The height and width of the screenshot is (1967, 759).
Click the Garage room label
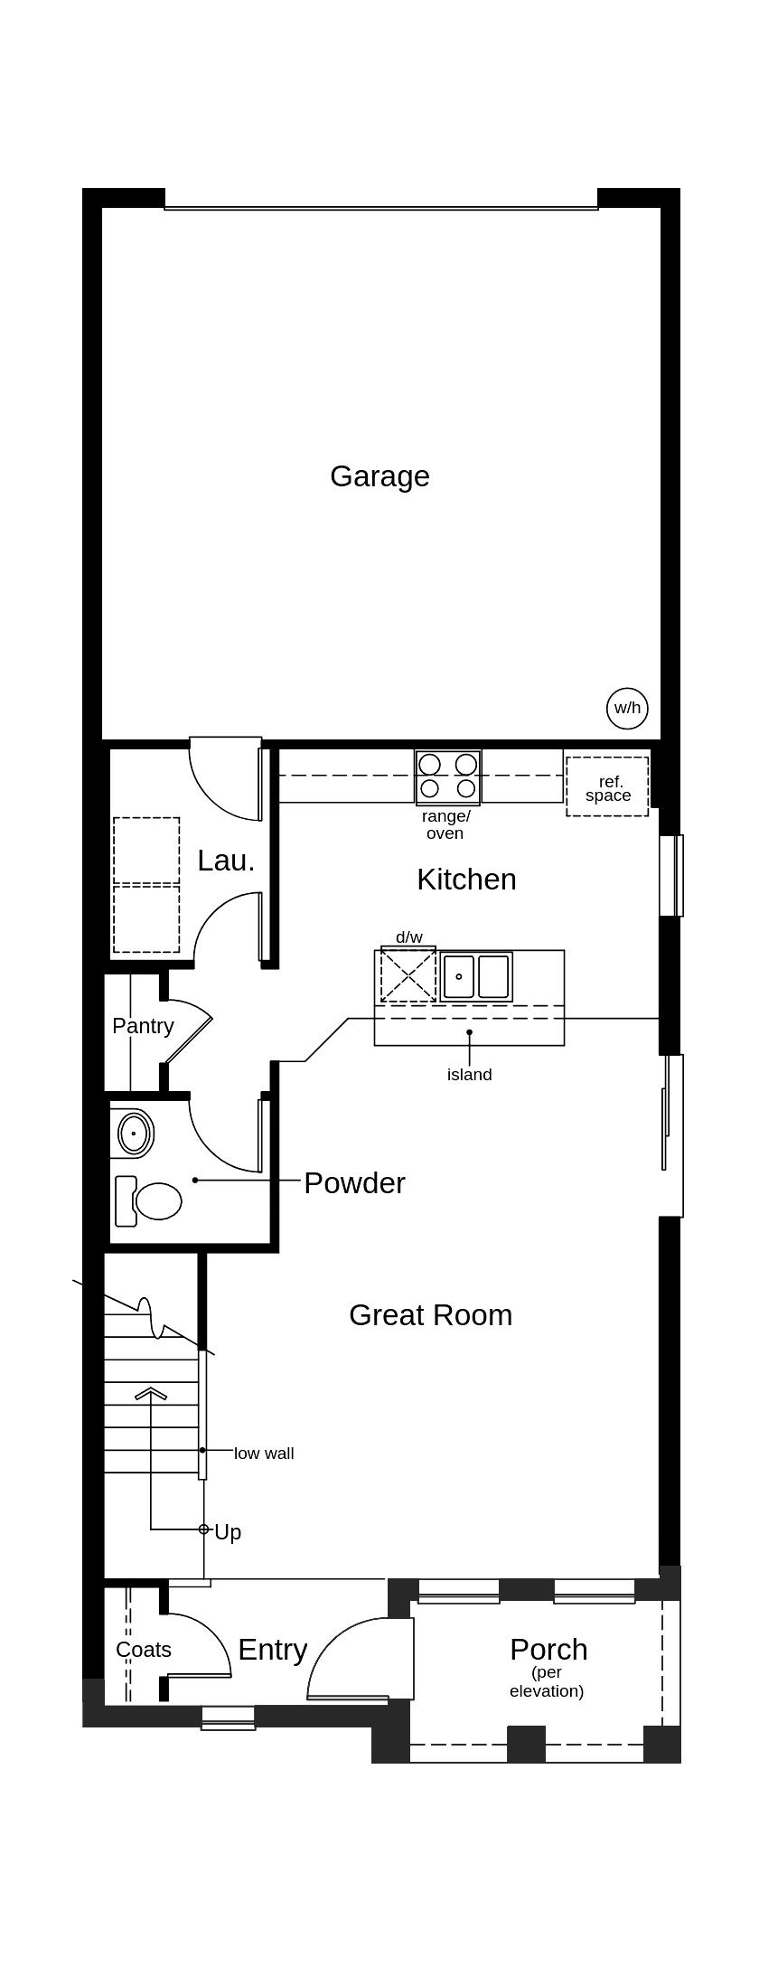tap(379, 476)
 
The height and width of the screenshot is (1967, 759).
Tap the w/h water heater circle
tap(627, 708)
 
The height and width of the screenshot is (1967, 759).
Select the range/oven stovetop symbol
tap(448, 776)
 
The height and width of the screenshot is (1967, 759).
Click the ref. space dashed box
tap(607, 787)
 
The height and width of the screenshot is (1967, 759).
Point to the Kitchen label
tap(466, 879)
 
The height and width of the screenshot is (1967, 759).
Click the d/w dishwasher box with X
tap(408, 975)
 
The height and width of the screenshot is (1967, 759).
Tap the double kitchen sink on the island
tap(477, 976)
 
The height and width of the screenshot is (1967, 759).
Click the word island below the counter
tap(469, 1075)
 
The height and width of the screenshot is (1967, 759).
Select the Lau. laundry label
tap(226, 861)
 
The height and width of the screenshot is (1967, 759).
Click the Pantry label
tap(143, 1026)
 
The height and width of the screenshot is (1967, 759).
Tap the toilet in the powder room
tap(154, 1200)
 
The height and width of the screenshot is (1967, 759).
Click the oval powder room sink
tap(136, 1133)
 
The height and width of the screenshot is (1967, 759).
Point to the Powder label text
tap(354, 1182)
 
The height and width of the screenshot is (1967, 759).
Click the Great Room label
tap(430, 1314)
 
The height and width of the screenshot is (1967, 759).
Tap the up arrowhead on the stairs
tap(151, 1393)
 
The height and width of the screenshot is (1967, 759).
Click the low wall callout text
tap(264, 1454)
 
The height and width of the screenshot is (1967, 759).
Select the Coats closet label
tap(144, 1650)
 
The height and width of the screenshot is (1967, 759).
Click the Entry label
tap(272, 1650)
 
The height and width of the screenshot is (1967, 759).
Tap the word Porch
tap(548, 1649)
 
